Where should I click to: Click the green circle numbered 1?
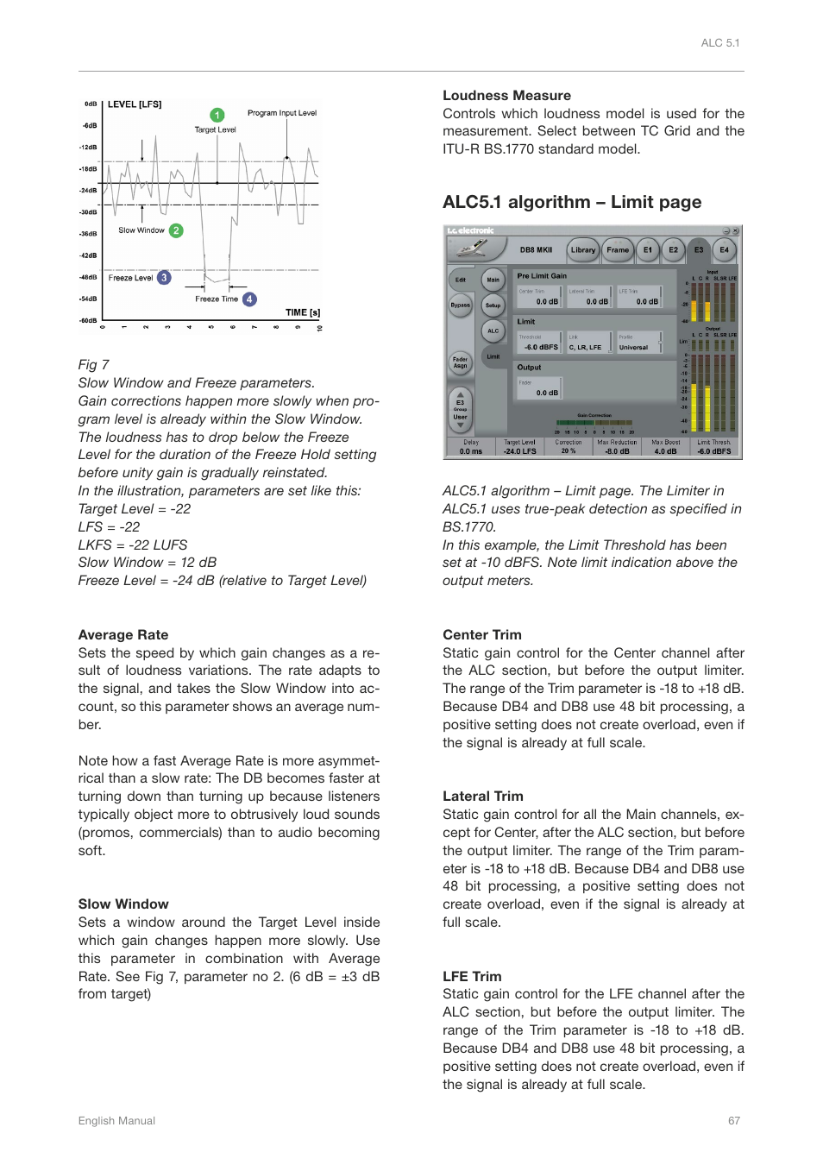click(217, 115)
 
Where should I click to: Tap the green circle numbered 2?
click(176, 230)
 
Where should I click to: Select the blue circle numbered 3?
click(164, 278)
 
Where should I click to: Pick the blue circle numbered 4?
click(249, 299)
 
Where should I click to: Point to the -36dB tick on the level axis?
click(88, 234)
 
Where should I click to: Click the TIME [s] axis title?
click(303, 312)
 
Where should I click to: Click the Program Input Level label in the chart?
click(281, 113)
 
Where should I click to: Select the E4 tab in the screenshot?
click(724, 250)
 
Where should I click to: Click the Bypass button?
click(461, 305)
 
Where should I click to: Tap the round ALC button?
click(493, 331)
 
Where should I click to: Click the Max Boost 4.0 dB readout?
click(665, 447)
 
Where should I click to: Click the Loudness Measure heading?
click(506, 96)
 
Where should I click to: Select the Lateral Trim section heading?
click(482, 797)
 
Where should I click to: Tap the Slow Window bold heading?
click(123, 904)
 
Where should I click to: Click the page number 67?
click(733, 1121)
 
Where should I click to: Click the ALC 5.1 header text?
click(719, 43)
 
